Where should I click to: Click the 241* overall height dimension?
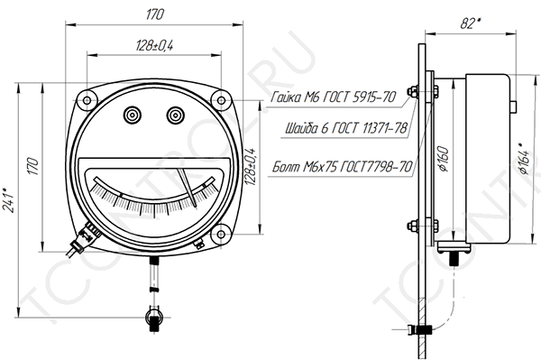(x=9, y=199)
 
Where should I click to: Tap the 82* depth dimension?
(x=471, y=23)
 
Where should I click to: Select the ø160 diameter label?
(x=444, y=159)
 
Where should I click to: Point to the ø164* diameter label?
(x=524, y=159)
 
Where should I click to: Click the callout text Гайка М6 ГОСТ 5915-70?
(x=333, y=97)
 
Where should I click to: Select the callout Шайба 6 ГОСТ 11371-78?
(x=346, y=128)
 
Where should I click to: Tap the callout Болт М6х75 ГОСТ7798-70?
(x=343, y=167)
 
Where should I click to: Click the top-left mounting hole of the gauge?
(x=87, y=100)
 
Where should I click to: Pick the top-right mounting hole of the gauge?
(x=221, y=100)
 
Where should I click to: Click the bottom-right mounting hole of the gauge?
(x=221, y=234)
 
